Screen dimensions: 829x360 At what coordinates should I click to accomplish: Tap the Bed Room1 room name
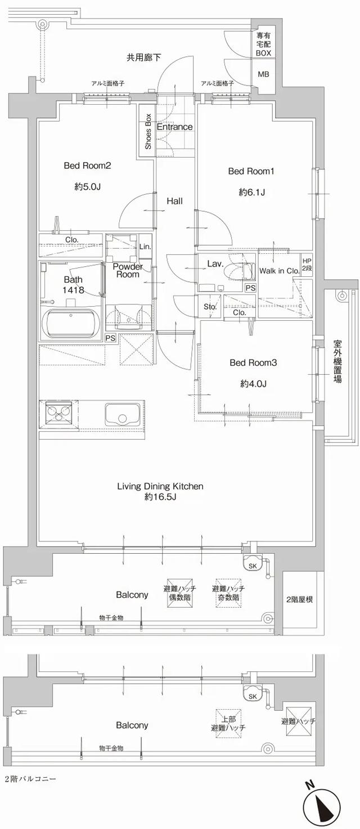[x=251, y=171]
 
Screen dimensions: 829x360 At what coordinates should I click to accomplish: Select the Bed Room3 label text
[x=253, y=363]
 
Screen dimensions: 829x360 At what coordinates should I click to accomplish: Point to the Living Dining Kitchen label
[x=160, y=486]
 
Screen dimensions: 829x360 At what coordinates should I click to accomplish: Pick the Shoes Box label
[x=148, y=131]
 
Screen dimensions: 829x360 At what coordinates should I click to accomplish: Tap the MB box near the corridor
[x=263, y=74]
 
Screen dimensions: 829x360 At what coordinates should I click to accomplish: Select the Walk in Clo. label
[x=279, y=271]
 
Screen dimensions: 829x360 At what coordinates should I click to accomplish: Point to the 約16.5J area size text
[x=160, y=497]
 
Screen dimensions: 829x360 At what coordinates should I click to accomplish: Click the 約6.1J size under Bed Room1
[x=251, y=192]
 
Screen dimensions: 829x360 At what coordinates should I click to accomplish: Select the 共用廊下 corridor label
[x=143, y=57]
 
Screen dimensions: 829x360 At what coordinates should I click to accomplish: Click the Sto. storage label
[x=210, y=307]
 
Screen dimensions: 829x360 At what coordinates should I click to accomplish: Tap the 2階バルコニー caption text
[x=30, y=779]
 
